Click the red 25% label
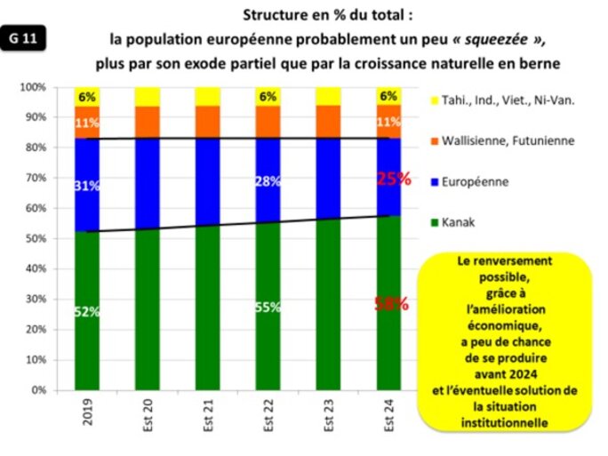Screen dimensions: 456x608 coord(392,178)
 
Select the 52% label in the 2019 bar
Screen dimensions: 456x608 coord(86,311)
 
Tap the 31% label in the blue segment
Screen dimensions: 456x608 coord(86,186)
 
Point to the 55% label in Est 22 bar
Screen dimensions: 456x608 coord(268,307)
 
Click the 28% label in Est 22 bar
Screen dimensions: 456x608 coord(268,181)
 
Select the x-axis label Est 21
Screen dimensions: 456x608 coord(209,415)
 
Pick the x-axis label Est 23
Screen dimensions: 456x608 coord(330,415)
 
